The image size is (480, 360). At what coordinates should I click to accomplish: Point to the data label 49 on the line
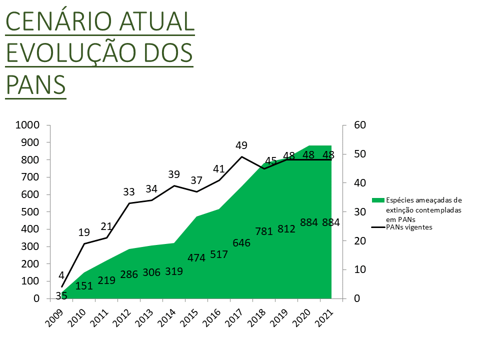point(241,145)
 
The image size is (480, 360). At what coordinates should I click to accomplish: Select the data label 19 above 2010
point(84,232)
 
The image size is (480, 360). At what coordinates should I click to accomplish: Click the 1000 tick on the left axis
point(28,125)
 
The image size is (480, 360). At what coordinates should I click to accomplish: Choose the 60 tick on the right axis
point(360,125)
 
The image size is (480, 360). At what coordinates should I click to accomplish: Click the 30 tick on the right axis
point(360,212)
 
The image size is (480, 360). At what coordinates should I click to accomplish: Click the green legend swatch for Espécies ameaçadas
point(377,200)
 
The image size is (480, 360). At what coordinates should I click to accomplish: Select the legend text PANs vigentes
point(408,227)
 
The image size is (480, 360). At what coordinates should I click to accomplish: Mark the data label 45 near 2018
point(270,161)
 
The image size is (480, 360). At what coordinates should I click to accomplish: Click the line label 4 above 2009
point(61,275)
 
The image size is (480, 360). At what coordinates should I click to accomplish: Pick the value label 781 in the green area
point(263,231)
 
